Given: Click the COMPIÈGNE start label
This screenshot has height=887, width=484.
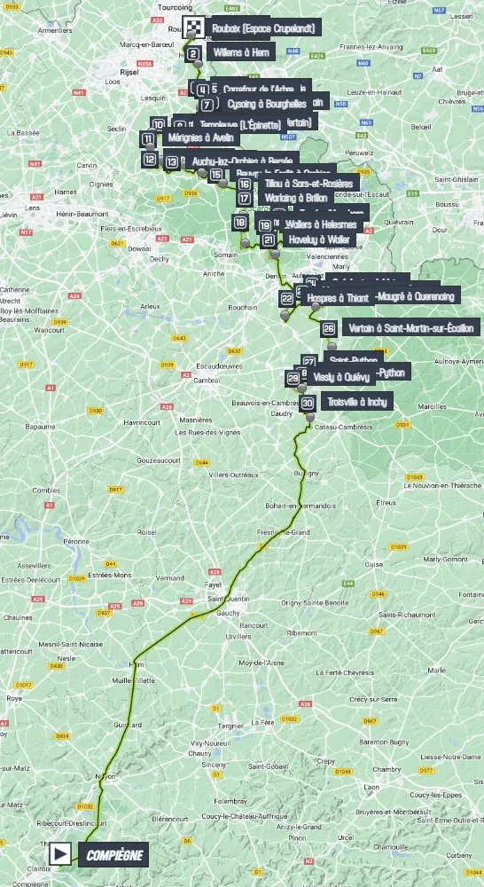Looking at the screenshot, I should pos(113,854).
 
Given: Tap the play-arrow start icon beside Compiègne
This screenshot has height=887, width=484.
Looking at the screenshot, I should pos(61,854).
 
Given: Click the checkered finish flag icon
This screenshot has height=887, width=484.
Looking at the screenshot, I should pos(193,27).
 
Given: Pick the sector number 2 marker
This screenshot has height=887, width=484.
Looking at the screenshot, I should pos(192,53).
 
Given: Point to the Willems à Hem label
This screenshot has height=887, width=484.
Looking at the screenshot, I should pos(241,53).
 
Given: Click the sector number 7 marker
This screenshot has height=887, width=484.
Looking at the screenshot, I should pos(207,105).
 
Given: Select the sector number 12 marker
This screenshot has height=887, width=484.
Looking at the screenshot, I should pos(149,160).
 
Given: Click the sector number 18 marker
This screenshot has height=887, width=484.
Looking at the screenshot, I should pos(240,223).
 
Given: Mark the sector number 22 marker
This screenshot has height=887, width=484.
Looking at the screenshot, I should pos(286,298).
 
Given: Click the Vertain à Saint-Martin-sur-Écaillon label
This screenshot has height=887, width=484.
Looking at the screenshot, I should pos(411,328).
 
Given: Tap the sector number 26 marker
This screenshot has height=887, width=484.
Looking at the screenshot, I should pos(329,328).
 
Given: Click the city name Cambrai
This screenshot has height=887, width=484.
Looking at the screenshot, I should pos(207,380).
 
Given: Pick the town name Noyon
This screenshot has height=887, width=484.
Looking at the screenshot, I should pos(105,777).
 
